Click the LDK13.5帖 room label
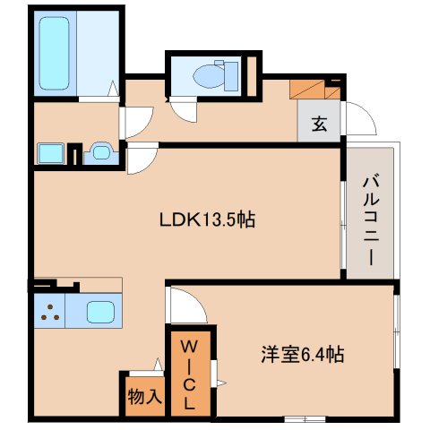pos(207,219)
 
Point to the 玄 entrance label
pos(319,125)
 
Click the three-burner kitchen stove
pos(52,314)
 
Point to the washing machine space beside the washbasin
pos(49,152)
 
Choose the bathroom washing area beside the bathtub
pos(98,52)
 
